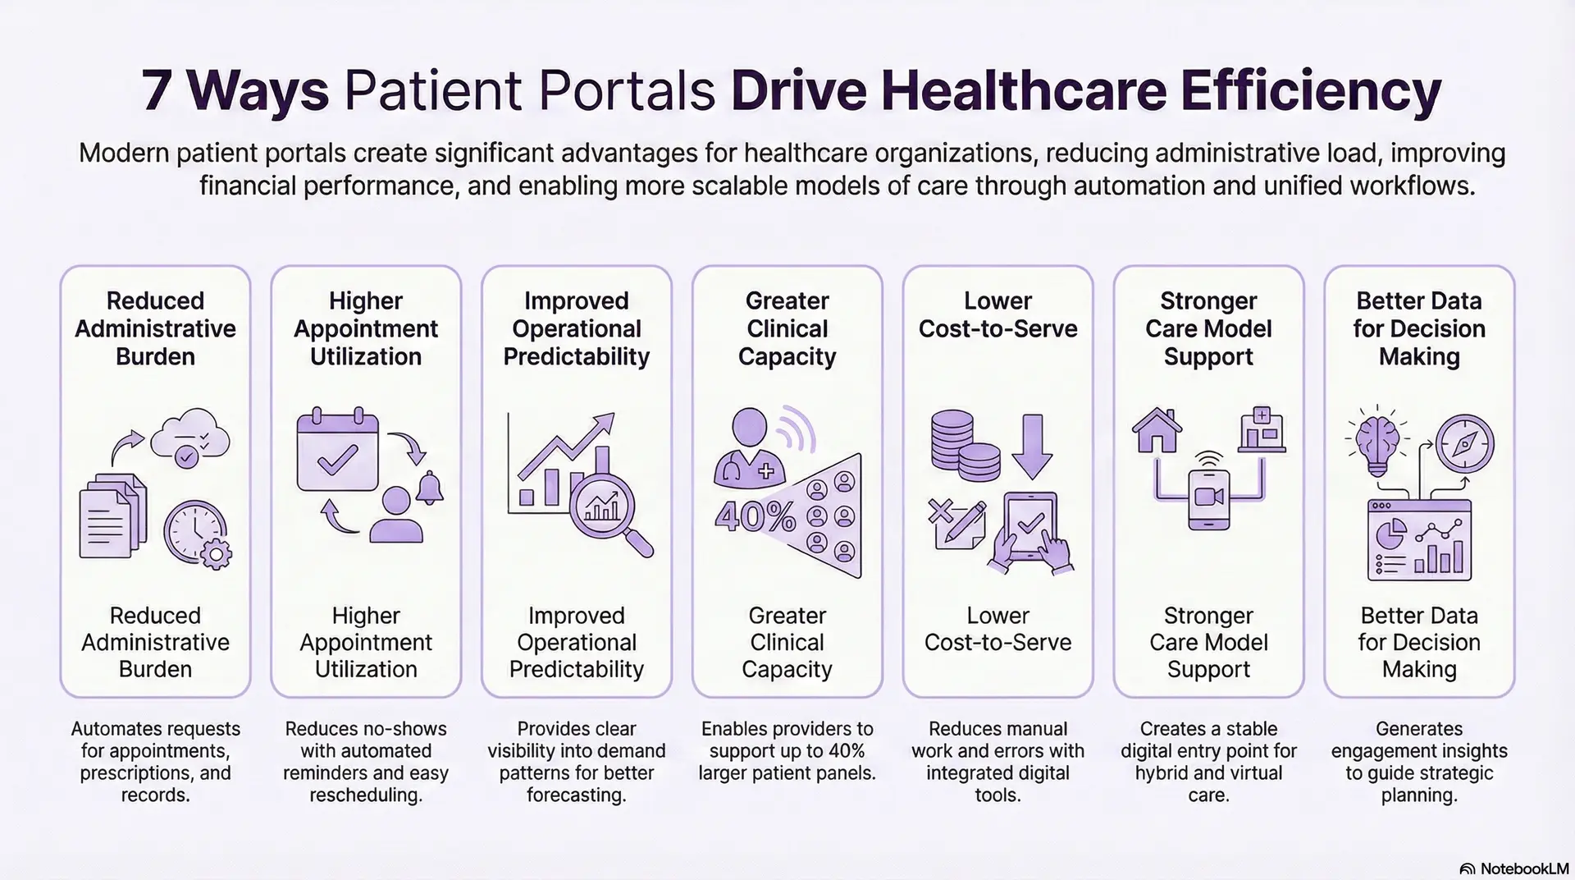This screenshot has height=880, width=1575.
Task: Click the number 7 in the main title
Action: [x=157, y=90]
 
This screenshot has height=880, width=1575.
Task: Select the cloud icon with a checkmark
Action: [x=190, y=442]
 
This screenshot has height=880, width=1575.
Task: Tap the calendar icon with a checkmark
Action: [x=337, y=451]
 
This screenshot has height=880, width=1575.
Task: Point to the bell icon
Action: [x=429, y=488]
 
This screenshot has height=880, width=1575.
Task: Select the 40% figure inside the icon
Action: [x=755, y=516]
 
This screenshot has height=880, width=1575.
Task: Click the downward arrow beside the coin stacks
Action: [x=1031, y=446]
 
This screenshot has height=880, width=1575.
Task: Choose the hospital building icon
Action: [x=1261, y=429]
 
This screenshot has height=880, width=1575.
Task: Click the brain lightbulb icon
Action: [x=1377, y=444]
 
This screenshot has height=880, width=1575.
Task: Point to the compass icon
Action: [x=1464, y=443]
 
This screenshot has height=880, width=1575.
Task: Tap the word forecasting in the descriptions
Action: [x=576, y=795]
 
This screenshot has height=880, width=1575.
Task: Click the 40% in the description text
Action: [x=846, y=751]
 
